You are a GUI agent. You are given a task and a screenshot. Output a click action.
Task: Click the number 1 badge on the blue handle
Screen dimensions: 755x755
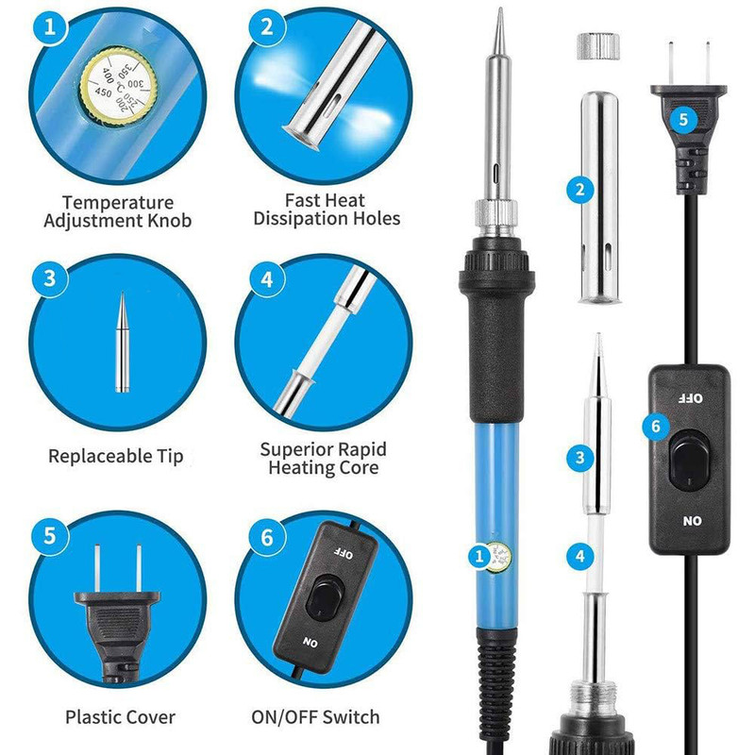tap(479, 557)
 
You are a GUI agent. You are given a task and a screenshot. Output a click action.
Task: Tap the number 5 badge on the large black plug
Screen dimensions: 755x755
tap(683, 119)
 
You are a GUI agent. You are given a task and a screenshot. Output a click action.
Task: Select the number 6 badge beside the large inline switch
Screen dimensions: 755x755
tap(655, 427)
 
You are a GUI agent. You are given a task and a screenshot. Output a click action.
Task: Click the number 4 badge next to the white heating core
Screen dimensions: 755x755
tap(579, 557)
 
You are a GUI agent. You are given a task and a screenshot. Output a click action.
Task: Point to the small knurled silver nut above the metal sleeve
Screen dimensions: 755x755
tap(597, 46)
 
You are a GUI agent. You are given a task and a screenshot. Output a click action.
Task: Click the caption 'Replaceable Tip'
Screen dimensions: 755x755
tap(115, 456)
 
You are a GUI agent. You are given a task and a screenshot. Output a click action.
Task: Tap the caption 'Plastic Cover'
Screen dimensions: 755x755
tap(121, 717)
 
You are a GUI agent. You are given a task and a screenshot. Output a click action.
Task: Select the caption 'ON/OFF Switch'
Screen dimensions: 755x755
tap(315, 717)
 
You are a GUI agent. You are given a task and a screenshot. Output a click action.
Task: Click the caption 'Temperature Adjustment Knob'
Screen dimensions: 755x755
tap(117, 211)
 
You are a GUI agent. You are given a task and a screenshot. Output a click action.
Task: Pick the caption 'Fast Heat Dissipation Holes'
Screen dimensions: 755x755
tap(327, 210)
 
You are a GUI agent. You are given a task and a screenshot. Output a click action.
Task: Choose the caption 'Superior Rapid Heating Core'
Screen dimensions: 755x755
tap(323, 459)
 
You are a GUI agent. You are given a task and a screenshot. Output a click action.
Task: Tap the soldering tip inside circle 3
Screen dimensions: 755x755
tap(123, 342)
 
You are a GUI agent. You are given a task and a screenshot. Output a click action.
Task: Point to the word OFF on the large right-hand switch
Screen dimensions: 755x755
tap(690, 398)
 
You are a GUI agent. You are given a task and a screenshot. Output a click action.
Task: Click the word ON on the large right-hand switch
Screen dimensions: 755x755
tap(692, 521)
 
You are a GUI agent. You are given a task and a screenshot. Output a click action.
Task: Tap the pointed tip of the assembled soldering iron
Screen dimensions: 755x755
tap(500, 8)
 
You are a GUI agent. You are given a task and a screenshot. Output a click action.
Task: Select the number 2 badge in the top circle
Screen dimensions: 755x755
tap(267, 26)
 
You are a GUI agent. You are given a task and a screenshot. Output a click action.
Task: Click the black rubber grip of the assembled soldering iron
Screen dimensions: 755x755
tap(497, 332)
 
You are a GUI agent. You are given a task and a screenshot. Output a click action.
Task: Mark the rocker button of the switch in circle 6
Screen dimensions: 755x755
tap(325, 597)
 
